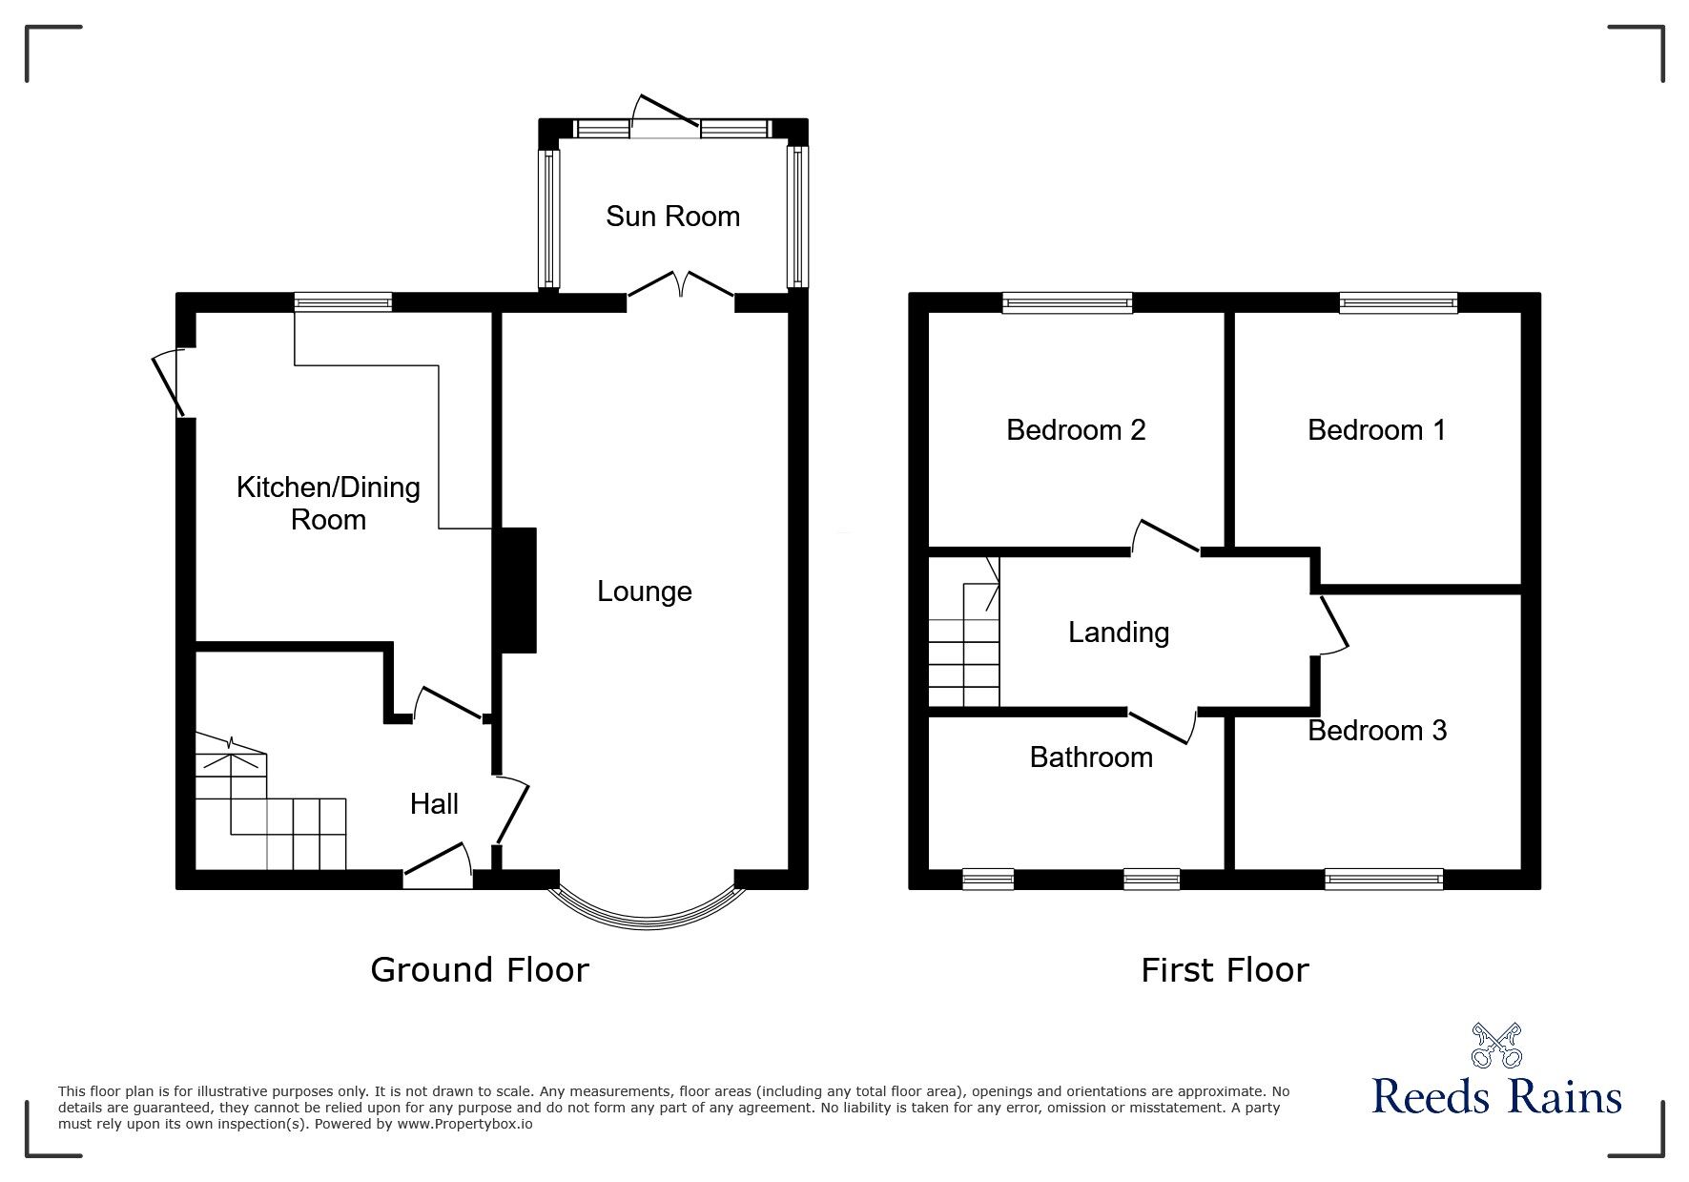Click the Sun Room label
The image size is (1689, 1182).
tap(672, 217)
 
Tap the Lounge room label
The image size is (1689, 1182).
tap(644, 591)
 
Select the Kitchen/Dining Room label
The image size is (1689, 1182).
tap(328, 504)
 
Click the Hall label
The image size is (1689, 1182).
tap(434, 804)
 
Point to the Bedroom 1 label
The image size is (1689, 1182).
tap(1376, 430)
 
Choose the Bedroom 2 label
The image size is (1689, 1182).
tap(1076, 430)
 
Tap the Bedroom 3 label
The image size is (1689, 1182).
tap(1377, 731)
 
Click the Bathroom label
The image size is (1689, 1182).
tap(1091, 757)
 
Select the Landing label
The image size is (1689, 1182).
tap(1119, 632)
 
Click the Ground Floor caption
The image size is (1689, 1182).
tap(480, 970)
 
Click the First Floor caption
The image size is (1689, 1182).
tap(1225, 970)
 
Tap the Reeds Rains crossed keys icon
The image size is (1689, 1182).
tap(1496, 1046)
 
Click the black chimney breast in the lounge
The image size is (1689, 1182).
tap(515, 590)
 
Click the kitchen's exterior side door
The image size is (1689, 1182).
tap(169, 383)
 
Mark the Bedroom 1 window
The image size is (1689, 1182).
tap(1398, 303)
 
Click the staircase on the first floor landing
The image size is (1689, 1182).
tap(964, 632)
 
